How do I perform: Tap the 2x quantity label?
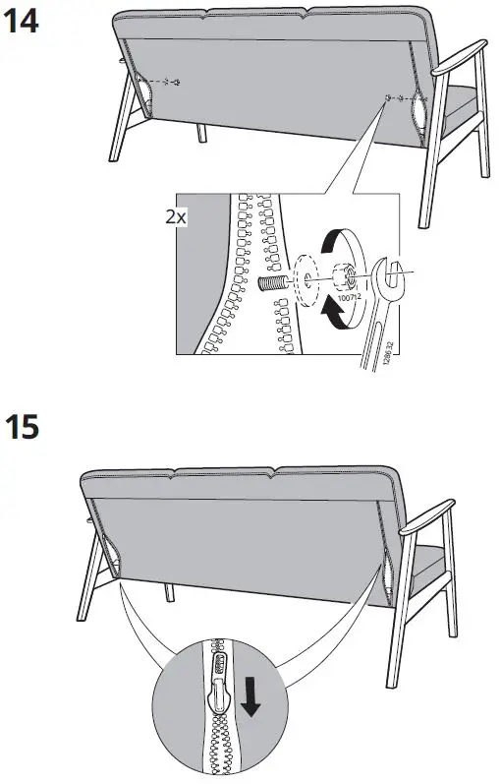(177, 217)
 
